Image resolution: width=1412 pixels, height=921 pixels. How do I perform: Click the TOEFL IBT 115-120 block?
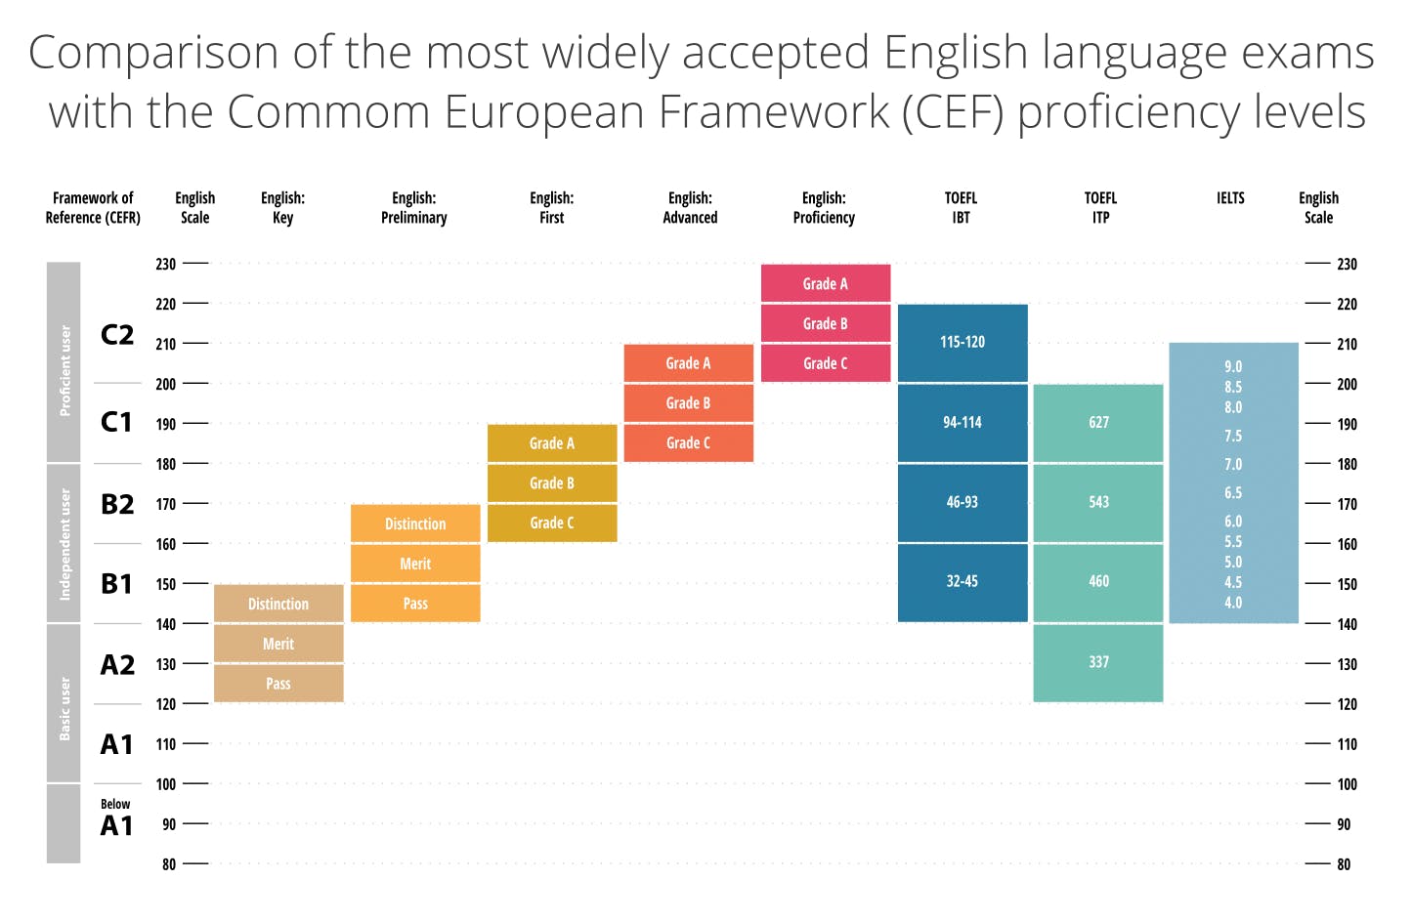(963, 343)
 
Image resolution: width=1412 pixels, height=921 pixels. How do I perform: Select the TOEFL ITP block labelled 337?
(1098, 662)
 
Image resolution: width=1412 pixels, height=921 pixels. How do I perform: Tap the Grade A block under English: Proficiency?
(826, 283)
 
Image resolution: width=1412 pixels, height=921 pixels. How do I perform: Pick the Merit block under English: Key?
(278, 644)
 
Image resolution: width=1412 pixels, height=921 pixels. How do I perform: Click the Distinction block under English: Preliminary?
(415, 523)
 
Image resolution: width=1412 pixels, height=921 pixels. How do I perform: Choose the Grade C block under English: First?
(552, 523)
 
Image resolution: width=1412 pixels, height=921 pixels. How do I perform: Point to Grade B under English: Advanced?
(688, 402)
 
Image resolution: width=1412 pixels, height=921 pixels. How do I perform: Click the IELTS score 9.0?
(1233, 366)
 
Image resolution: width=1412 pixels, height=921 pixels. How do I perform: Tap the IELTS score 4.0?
(1233, 603)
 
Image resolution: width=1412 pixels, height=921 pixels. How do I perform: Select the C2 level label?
(117, 335)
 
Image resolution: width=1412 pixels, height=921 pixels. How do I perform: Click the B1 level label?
(117, 584)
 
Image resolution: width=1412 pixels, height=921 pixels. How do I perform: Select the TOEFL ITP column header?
(1100, 207)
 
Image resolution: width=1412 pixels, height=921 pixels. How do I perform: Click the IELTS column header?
(1230, 198)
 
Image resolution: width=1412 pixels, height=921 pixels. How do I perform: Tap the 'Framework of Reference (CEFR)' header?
(93, 207)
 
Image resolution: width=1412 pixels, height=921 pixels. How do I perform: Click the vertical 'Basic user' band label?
(64, 707)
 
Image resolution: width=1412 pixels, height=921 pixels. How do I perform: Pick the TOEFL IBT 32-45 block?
(963, 581)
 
